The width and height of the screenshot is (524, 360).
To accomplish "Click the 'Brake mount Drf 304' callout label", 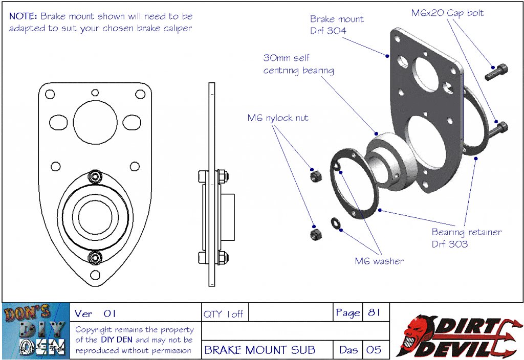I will pyautogui.click(x=337, y=25).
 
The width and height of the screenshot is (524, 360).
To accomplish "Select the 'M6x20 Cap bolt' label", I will pyautogui.click(x=447, y=13).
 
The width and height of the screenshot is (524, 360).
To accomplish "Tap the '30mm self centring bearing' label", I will pyautogui.click(x=298, y=64).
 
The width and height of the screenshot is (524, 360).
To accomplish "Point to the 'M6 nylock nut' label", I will pyautogui.click(x=278, y=118).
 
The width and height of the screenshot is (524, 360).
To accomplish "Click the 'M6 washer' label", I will pyautogui.click(x=379, y=261).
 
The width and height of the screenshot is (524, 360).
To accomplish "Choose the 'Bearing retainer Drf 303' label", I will pyautogui.click(x=466, y=238).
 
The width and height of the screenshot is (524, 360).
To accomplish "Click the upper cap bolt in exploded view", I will pyautogui.click(x=496, y=72).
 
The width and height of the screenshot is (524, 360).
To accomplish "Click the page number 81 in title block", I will pyautogui.click(x=374, y=313).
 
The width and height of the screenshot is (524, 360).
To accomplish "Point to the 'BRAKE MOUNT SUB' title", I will pyautogui.click(x=260, y=350).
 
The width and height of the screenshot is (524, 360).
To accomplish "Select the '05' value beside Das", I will pyautogui.click(x=374, y=350).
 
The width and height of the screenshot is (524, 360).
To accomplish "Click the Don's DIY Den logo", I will pyautogui.click(x=35, y=331).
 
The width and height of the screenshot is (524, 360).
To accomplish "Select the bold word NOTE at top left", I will pyautogui.click(x=23, y=16).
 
